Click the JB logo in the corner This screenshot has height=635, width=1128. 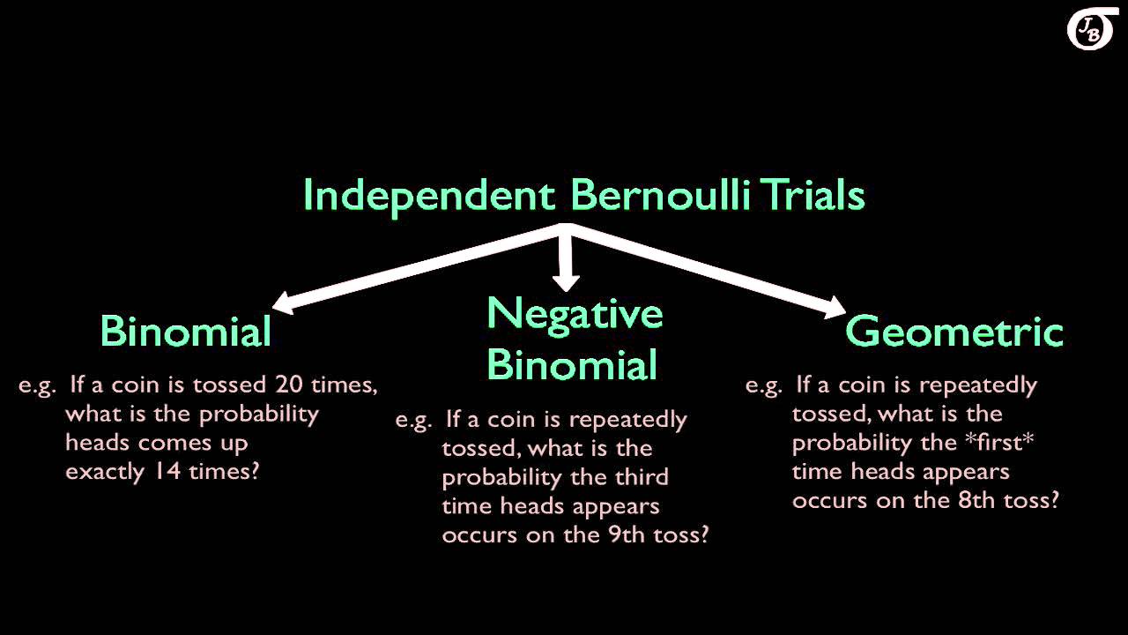(x=1091, y=31)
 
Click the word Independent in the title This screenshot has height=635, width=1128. (x=427, y=195)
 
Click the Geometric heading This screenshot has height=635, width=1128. (x=954, y=332)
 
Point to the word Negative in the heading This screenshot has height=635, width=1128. (x=574, y=314)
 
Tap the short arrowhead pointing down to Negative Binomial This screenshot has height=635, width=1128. (x=566, y=281)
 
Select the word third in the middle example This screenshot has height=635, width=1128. (x=643, y=477)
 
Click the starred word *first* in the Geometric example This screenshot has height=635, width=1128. (x=1001, y=443)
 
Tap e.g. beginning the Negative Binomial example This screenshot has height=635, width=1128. (x=413, y=420)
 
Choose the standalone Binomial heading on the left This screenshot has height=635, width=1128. (x=185, y=332)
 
